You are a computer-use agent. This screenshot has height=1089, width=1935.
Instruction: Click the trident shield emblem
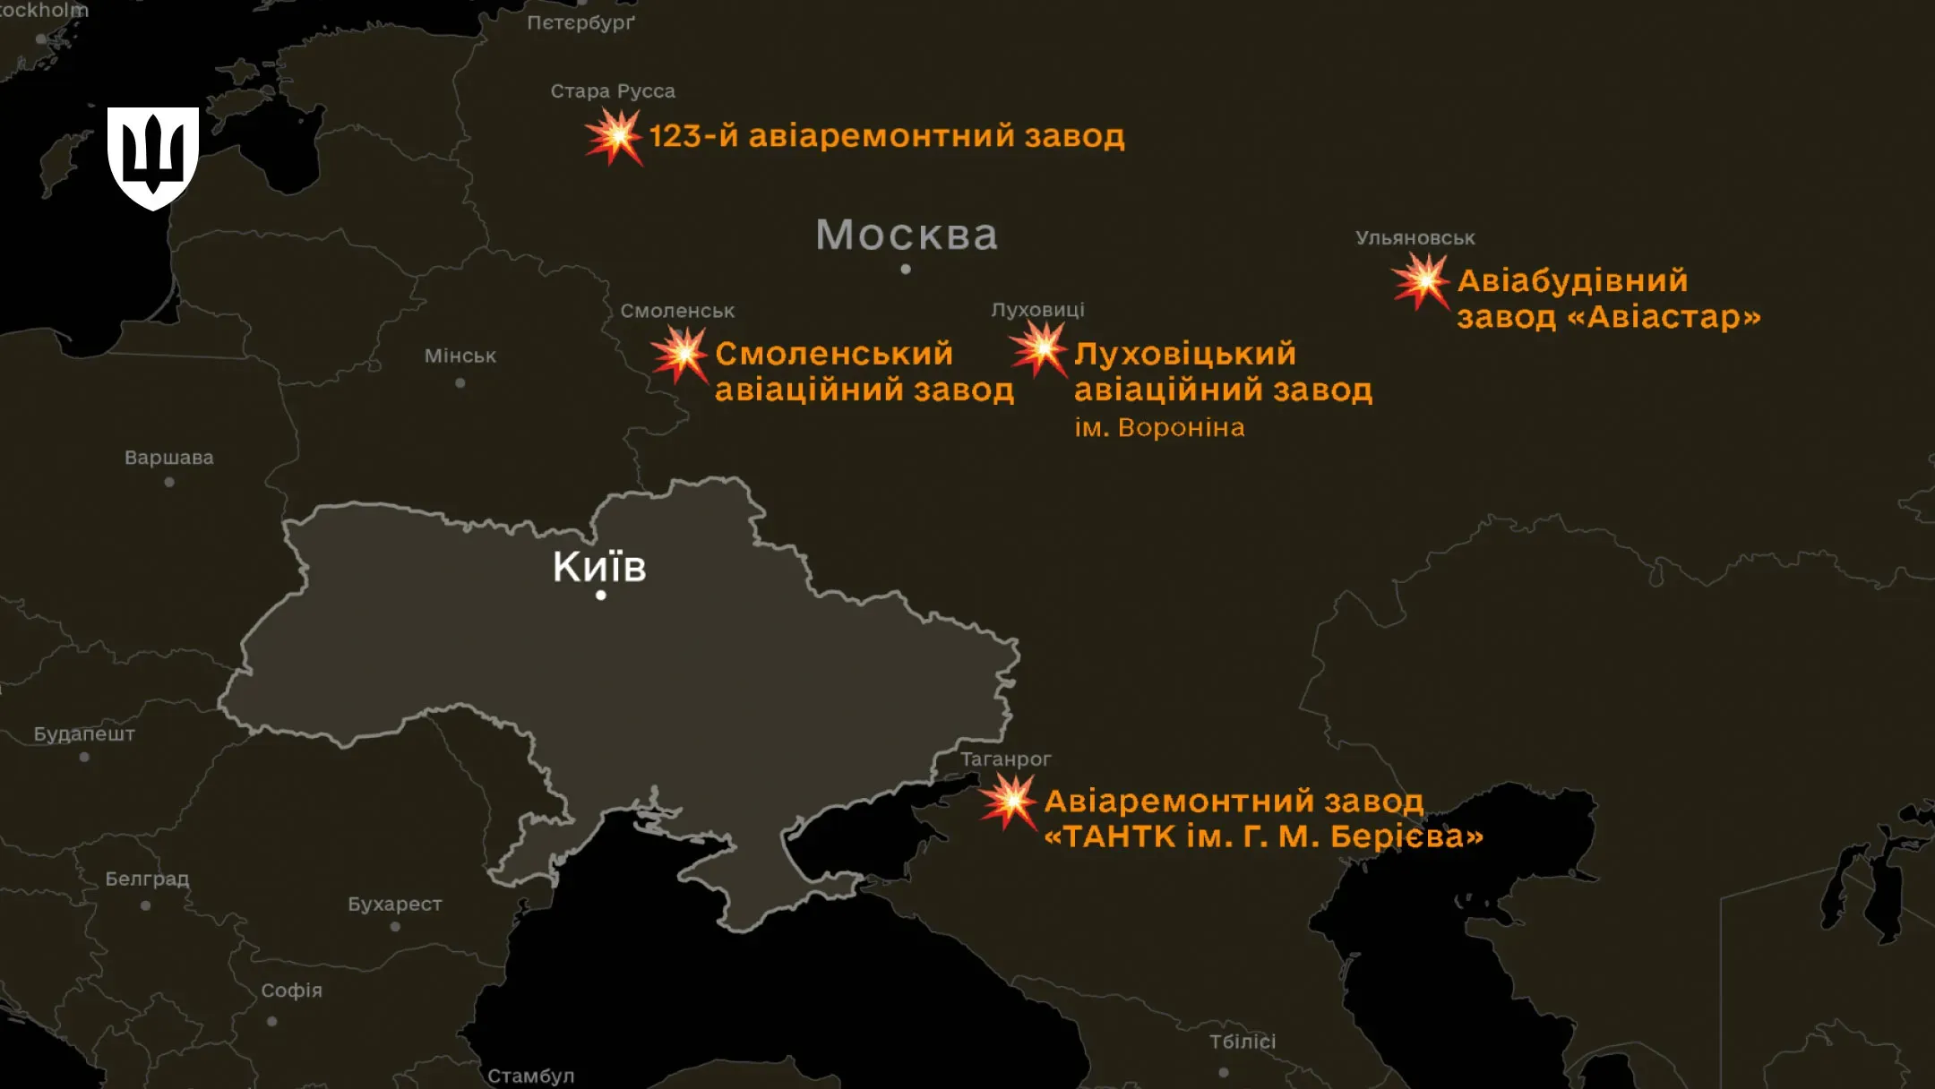pos(153,158)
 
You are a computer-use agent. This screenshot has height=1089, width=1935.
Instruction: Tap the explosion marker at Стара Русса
pos(615,137)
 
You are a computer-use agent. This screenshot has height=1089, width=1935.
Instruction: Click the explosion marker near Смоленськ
pos(682,355)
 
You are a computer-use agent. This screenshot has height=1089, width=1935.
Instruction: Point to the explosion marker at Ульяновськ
pos(1423,281)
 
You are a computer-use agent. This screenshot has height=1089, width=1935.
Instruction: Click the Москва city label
pos(907,236)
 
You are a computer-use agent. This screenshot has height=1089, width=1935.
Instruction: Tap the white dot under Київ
pos(601,595)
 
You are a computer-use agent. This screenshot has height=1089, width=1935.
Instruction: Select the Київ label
pos(599,566)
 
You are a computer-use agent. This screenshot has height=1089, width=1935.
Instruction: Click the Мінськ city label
pos(460,356)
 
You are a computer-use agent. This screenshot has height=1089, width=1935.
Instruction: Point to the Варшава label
pos(169,458)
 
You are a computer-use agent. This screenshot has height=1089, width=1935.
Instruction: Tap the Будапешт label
pos(84,734)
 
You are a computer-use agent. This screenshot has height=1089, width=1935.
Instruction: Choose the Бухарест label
pos(395,905)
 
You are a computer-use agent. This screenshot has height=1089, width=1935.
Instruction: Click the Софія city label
pos(292,990)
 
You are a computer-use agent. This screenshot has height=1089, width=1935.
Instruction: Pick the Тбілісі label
pos(1243,1042)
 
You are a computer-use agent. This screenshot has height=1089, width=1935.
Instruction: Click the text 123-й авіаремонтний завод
pos(887,136)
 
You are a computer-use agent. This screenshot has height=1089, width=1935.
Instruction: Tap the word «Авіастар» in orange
pos(1664,317)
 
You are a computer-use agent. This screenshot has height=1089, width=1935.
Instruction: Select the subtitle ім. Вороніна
pos(1160,428)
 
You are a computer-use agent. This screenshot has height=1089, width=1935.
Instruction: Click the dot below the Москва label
pos(906,269)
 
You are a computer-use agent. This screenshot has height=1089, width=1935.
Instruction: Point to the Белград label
pos(147,879)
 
